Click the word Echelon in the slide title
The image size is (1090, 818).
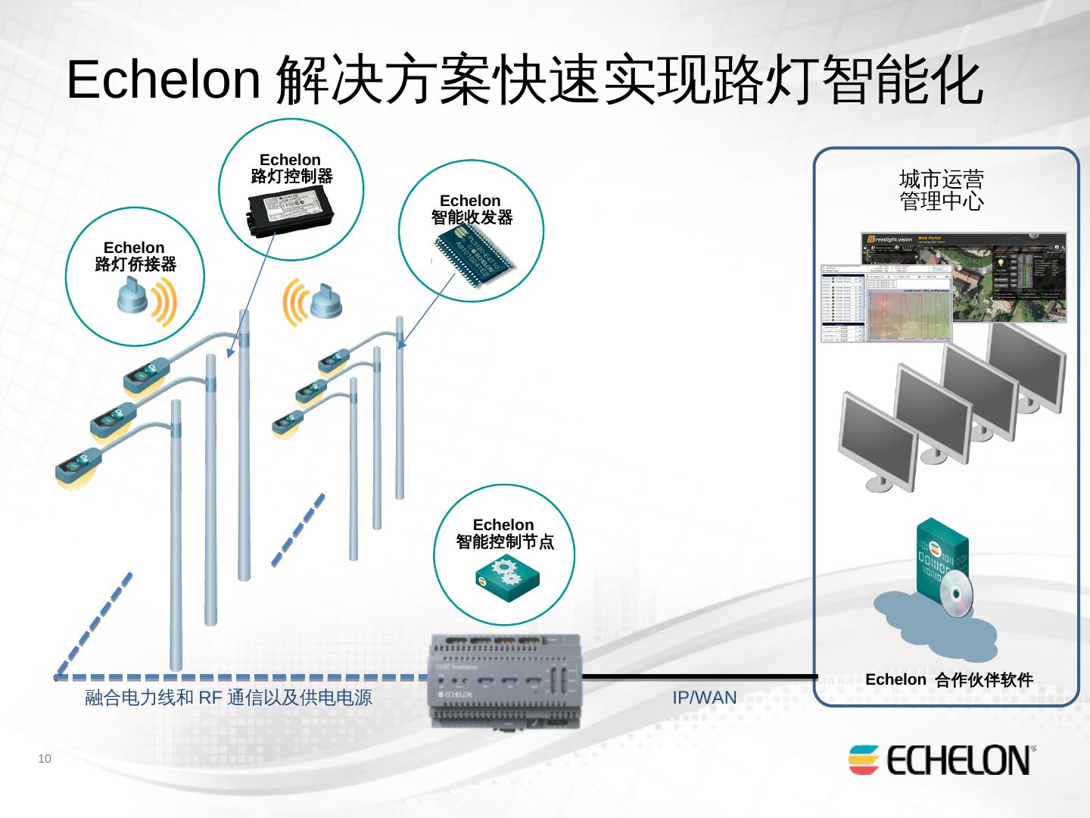pyautogui.click(x=163, y=79)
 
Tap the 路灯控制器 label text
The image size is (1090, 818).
pyautogui.click(x=291, y=176)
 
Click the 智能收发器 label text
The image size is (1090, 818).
pyautogui.click(x=472, y=218)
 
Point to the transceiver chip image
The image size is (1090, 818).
pyautogui.click(x=474, y=257)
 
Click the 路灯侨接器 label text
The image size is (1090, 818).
pyautogui.click(x=135, y=264)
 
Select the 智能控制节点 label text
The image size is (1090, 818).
pyautogui.click(x=504, y=542)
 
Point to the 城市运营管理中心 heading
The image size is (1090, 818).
pyautogui.click(x=942, y=190)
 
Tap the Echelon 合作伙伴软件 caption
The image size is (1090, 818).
pyautogui.click(x=949, y=680)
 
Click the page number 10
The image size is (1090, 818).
pyautogui.click(x=45, y=759)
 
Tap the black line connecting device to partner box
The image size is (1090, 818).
pyautogui.click(x=700, y=676)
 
